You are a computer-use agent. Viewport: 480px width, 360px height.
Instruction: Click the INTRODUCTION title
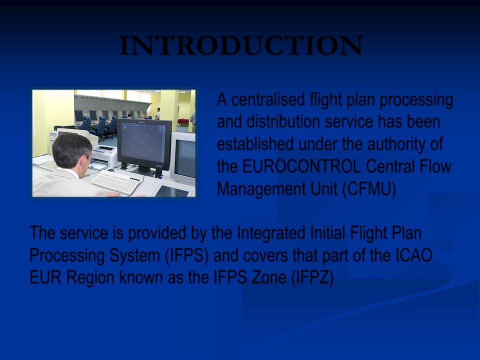point(241,45)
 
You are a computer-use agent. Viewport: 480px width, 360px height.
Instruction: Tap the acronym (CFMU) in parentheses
point(369,189)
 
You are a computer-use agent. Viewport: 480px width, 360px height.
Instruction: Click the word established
point(255,144)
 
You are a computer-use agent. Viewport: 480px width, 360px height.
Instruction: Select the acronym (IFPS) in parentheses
point(186,255)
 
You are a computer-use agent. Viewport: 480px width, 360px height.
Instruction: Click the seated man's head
point(71,150)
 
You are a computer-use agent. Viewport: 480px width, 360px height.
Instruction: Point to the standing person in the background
point(158,113)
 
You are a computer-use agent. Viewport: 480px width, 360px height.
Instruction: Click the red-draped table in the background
point(183,122)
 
